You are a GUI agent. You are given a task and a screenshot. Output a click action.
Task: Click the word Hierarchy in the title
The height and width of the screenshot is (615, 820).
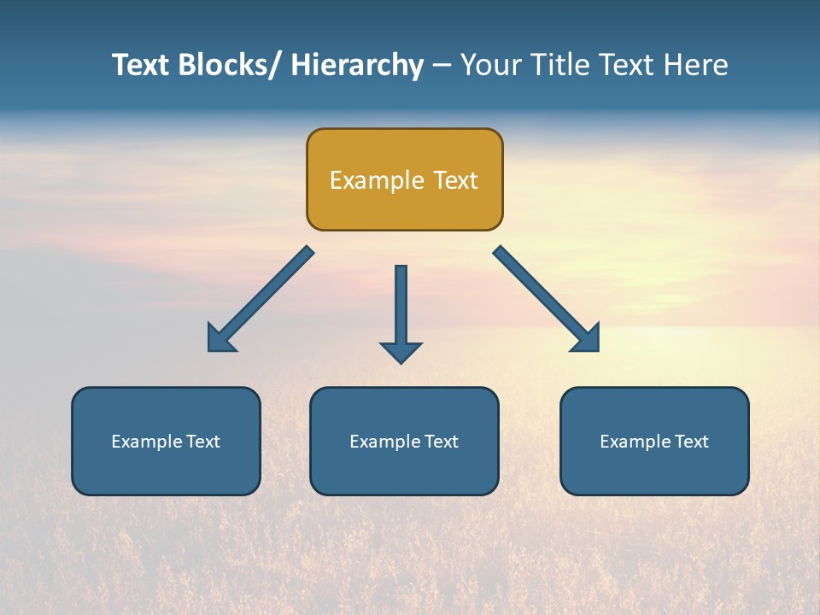tap(357, 65)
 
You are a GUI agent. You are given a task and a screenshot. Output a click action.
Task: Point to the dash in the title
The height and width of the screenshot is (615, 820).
tap(442, 66)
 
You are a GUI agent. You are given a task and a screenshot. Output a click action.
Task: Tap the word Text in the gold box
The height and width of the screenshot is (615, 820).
tap(454, 180)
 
